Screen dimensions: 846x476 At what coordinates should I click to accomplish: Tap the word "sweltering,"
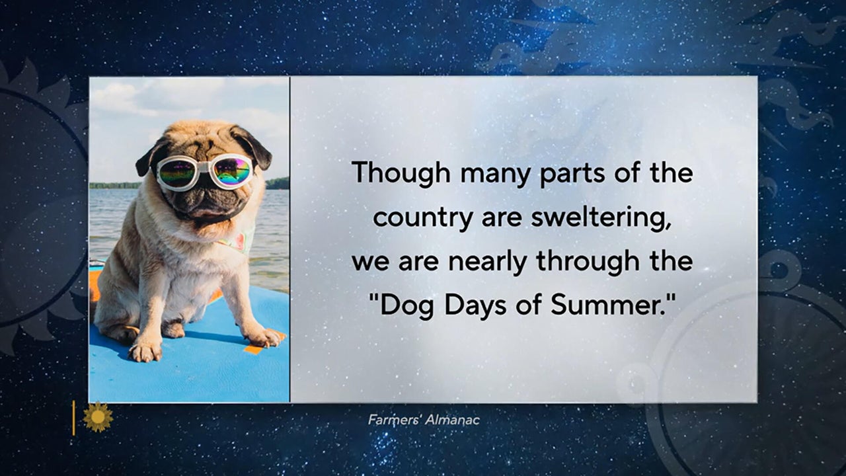[601, 218]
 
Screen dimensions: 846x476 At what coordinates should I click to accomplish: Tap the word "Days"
[475, 306]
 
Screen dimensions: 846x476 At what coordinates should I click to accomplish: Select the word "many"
[495, 176]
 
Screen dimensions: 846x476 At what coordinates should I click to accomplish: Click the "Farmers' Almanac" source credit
[424, 420]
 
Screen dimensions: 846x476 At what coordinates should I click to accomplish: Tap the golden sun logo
[98, 417]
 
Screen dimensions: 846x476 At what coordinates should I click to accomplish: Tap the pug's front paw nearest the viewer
[145, 351]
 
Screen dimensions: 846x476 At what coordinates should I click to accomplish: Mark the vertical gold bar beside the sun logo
[73, 418]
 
